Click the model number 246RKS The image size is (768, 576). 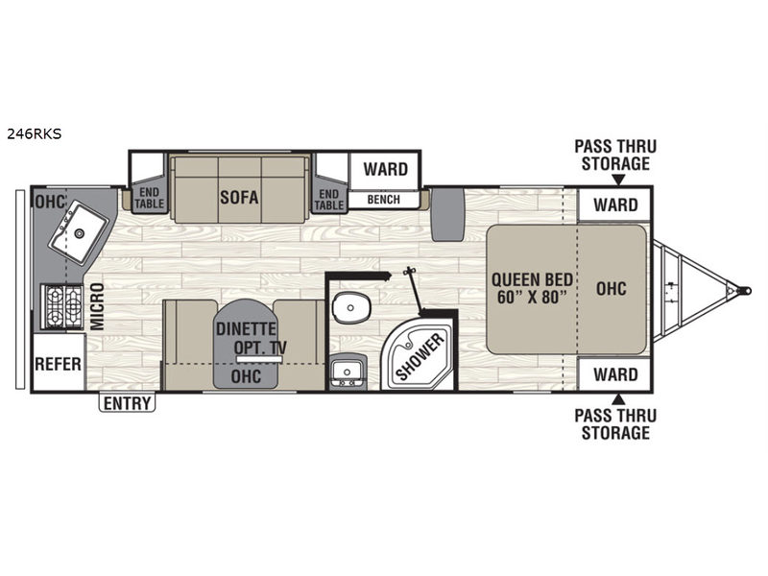[35, 133]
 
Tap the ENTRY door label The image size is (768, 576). [127, 402]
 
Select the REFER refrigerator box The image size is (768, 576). [59, 363]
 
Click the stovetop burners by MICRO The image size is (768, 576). [62, 306]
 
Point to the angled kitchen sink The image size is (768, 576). [78, 232]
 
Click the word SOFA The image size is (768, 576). [239, 197]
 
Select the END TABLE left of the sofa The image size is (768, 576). [150, 199]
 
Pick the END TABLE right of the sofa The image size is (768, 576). [328, 199]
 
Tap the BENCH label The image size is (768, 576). [383, 200]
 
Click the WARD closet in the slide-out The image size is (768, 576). [386, 170]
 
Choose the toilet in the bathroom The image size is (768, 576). [350, 306]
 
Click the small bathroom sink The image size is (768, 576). [347, 372]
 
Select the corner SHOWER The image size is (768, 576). [420, 353]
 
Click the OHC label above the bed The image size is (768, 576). [612, 289]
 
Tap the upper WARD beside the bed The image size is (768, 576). [615, 204]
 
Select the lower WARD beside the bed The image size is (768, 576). [615, 374]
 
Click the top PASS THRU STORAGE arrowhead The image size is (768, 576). [618, 180]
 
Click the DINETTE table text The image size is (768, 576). [246, 328]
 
